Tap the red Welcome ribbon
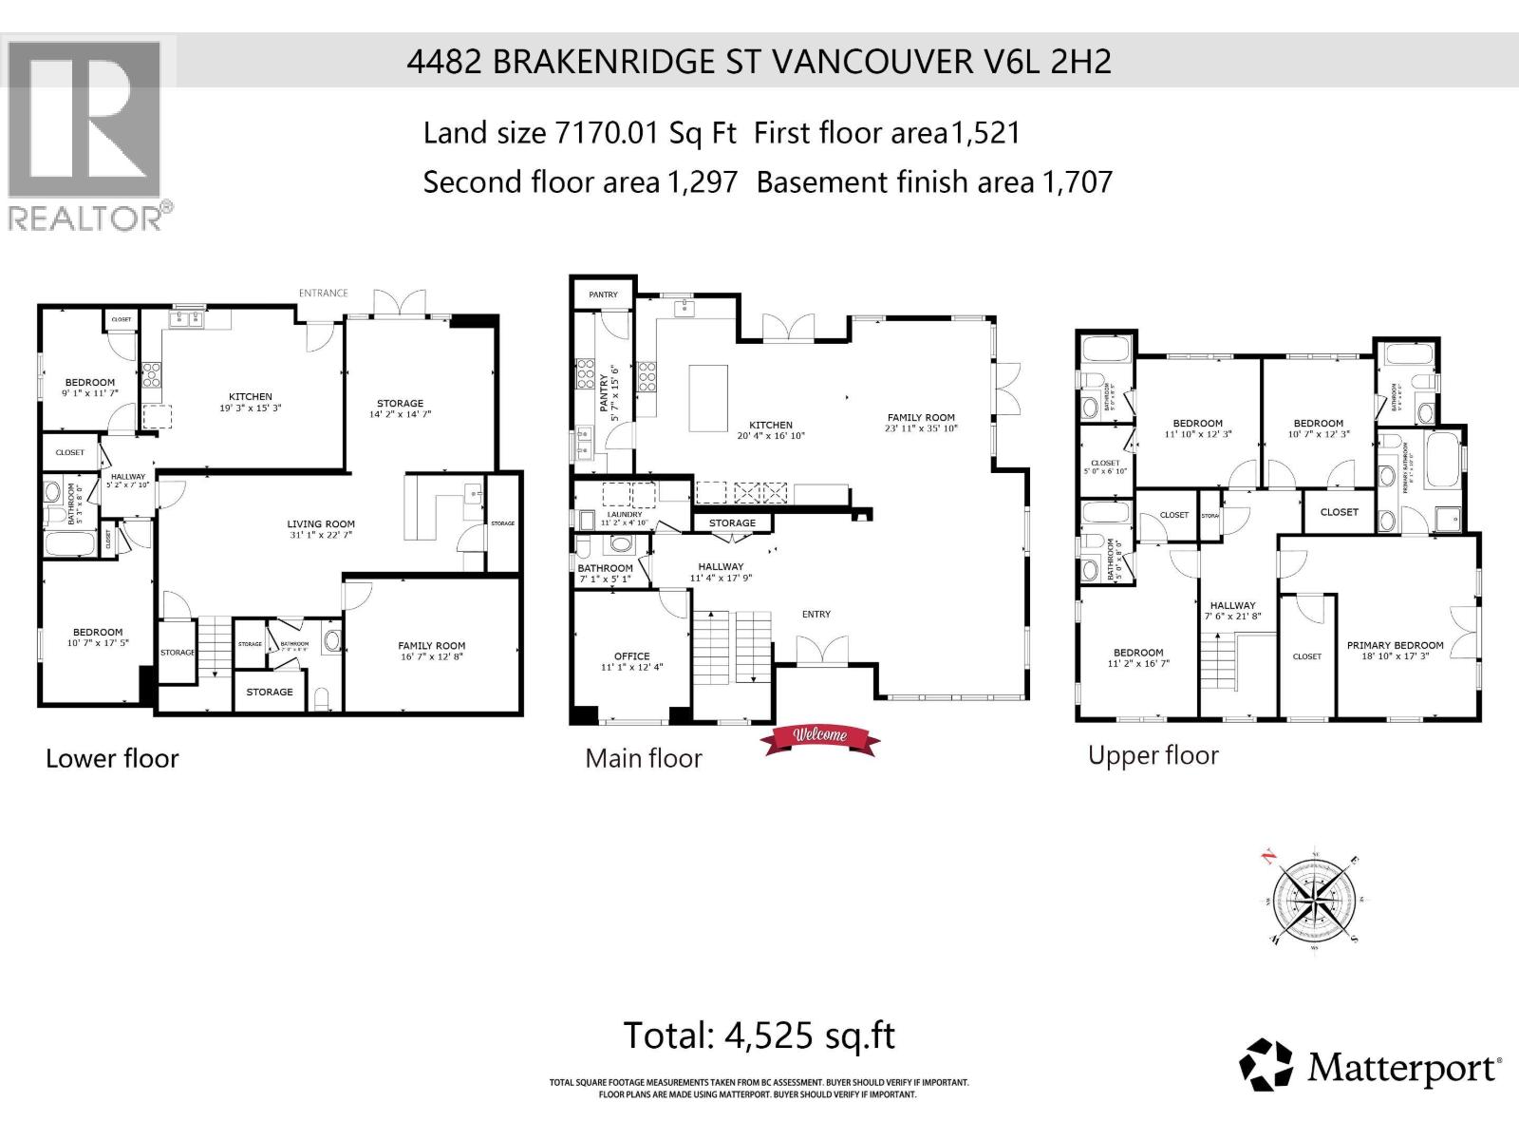pos(821,737)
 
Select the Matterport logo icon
pos(1266,1065)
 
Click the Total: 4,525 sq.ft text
pos(759,1035)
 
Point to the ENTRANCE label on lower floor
pos(323,293)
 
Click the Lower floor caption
pos(112,758)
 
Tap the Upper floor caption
pos(1153,755)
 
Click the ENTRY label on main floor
pos(816,615)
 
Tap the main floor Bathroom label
pos(605,568)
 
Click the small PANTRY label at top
pos(603,294)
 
